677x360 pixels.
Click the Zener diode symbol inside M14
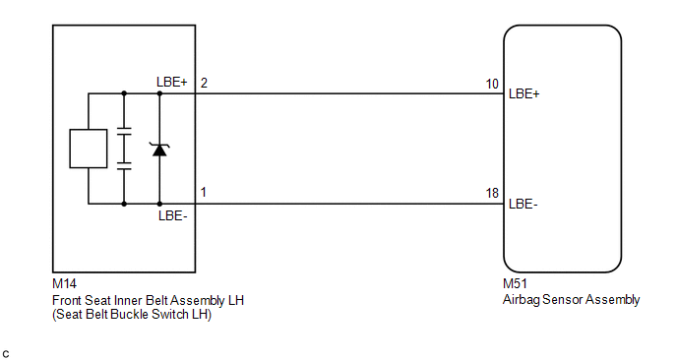pos(159,150)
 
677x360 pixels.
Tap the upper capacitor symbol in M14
pos(124,132)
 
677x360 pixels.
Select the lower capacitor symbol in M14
pos(124,166)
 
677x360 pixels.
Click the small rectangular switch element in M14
pos(89,149)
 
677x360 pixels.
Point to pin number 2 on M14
pos(204,83)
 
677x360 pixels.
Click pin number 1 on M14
pos(204,192)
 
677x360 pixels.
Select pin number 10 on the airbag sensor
pos(492,84)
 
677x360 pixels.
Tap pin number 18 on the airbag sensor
pos(492,193)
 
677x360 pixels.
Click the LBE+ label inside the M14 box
pos(172,82)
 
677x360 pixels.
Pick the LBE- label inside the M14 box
pos(173,215)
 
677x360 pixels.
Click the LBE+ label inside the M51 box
pos(524,93)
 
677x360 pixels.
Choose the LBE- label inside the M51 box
pos(523,204)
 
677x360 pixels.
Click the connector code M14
pos(64,283)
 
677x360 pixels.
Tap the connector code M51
pos(515,283)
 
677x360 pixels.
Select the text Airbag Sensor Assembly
pos(571,300)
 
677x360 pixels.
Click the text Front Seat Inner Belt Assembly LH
pos(148,300)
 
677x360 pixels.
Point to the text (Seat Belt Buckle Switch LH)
pos(132,314)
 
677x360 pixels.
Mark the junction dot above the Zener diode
pos(159,93)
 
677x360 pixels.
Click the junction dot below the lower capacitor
pos(124,204)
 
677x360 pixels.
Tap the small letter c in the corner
pos(6,354)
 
